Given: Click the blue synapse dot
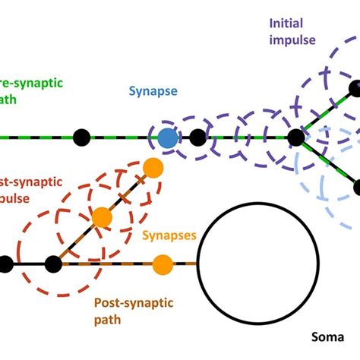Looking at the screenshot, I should tap(168, 138).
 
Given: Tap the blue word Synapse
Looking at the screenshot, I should tap(153, 92).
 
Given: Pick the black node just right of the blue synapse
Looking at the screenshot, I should tap(198, 137).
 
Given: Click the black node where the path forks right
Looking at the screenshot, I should tap(296, 137).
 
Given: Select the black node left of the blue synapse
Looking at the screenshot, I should tap(81, 137).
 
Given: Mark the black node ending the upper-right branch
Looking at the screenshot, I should tap(355, 90).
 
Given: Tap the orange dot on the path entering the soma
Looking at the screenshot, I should tap(162, 264).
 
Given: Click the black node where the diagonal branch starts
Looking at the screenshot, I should tap(53, 264).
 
